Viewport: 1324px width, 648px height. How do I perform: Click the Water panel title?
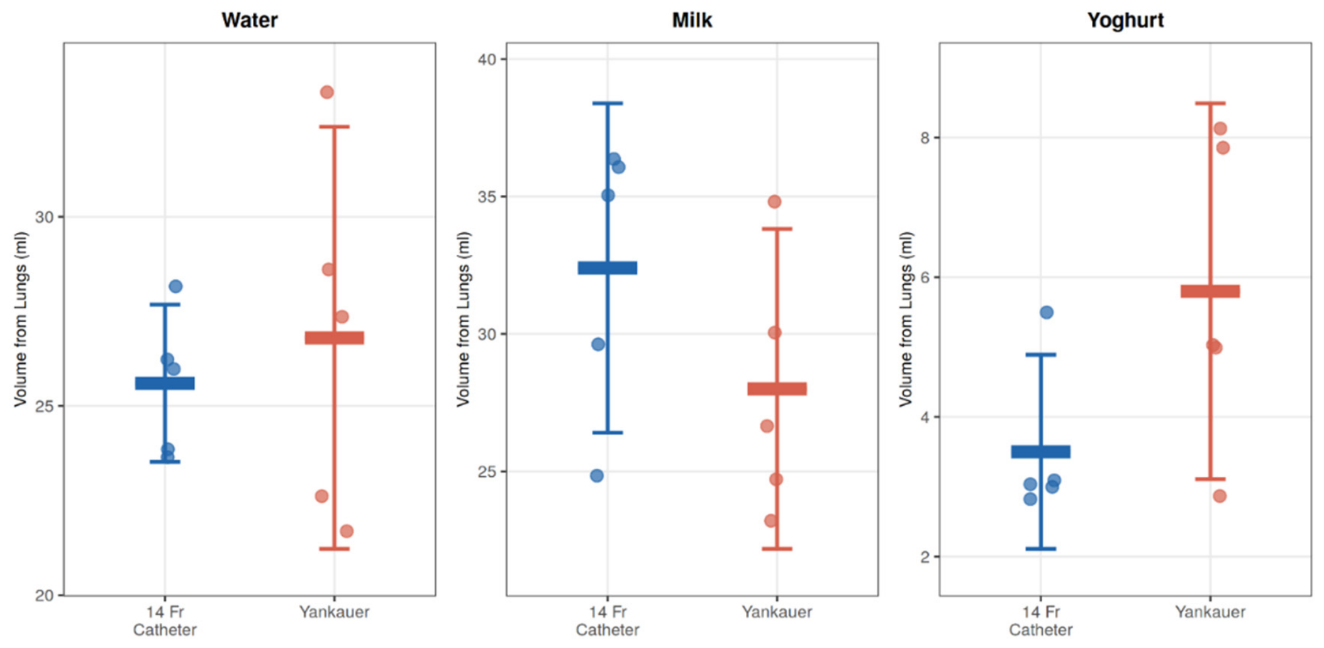pos(249,20)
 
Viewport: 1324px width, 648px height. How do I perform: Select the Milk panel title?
pos(692,20)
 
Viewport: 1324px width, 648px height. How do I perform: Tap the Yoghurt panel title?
pos(1125,20)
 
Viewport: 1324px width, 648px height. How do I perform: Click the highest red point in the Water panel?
pos(326,92)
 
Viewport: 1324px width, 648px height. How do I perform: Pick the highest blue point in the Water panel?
pos(175,287)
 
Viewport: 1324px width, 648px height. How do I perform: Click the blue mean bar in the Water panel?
pos(165,383)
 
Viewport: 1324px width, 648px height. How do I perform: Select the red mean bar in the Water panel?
pos(334,338)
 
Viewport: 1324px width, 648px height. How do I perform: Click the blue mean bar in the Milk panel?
pos(608,268)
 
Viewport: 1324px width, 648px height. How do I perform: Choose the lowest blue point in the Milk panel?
pos(597,476)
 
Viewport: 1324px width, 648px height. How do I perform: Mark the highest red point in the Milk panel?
pos(774,202)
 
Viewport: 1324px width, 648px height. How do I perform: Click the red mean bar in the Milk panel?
pos(777,389)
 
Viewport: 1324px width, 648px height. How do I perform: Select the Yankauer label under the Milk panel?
pos(777,612)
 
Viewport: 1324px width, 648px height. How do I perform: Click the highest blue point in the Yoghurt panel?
pos(1046,313)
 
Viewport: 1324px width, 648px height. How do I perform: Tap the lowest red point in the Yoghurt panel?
pos(1220,496)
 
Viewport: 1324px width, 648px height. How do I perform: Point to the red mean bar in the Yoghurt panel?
pos(1210,291)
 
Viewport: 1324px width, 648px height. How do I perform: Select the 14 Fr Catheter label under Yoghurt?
pos(1041,621)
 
